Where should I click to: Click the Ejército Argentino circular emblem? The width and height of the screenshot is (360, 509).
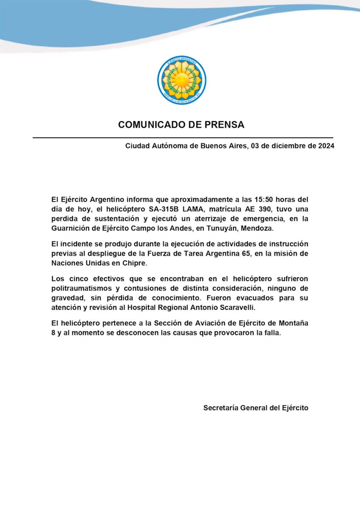pos(182,80)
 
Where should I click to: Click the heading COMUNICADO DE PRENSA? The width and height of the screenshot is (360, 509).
pos(181,125)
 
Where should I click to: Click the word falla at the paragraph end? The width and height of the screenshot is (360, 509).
pos(272,333)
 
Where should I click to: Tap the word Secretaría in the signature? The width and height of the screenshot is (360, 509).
pos(220,408)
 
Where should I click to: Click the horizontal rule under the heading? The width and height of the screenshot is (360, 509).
pos(183,137)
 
